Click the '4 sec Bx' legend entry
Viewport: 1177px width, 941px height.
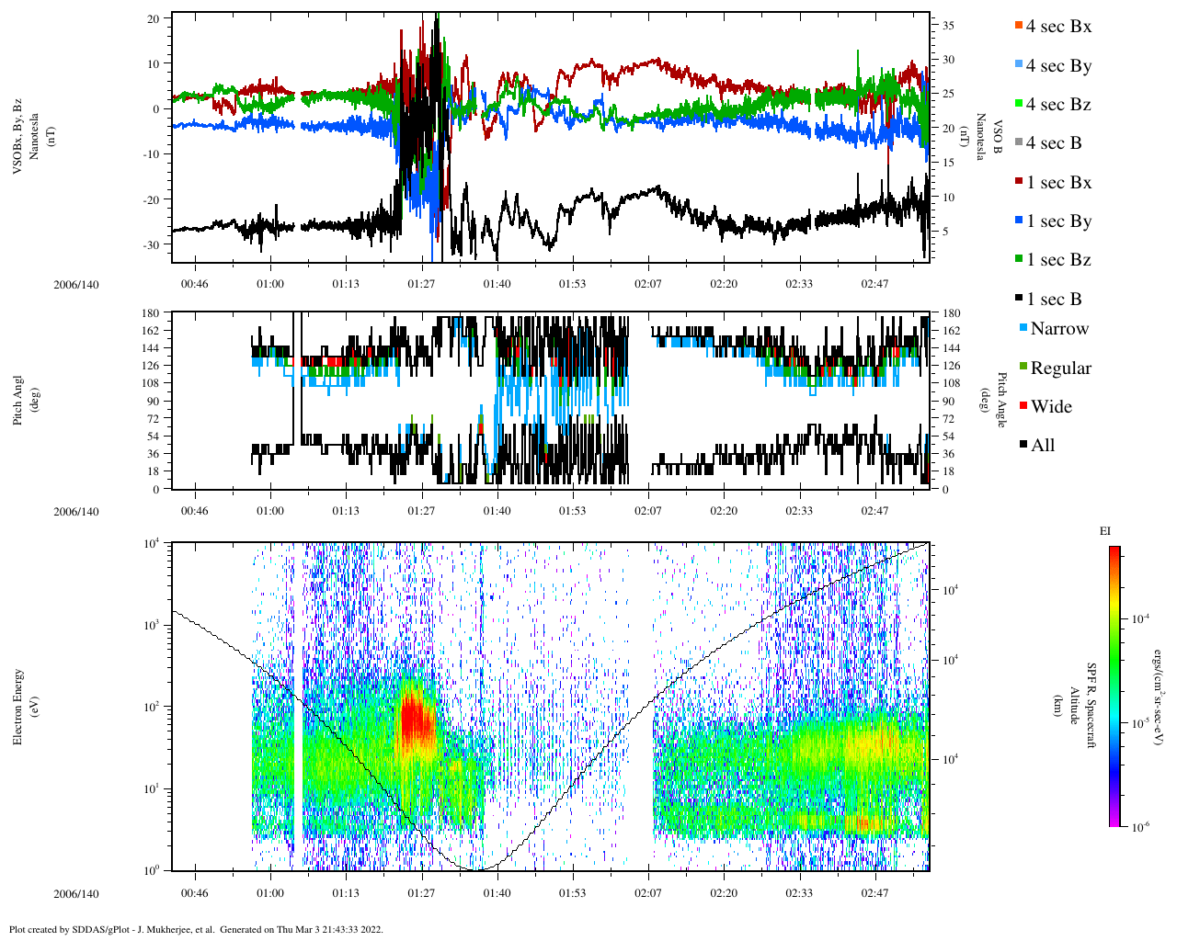[x=1057, y=27]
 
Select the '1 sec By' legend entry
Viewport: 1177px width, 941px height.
[x=1058, y=221]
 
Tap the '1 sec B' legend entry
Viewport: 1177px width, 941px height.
[x=1054, y=300]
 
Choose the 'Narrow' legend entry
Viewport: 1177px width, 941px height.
[x=1058, y=329]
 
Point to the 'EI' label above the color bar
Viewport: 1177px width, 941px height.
[x=1105, y=530]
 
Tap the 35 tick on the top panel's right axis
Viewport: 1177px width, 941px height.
[x=948, y=26]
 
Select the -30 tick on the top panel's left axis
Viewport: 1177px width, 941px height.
[x=153, y=244]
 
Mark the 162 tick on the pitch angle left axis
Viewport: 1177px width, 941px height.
[x=151, y=331]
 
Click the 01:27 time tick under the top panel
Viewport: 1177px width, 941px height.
[x=421, y=284]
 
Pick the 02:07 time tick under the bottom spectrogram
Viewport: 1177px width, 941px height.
[x=647, y=893]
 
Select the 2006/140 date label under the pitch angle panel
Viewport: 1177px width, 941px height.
[x=75, y=512]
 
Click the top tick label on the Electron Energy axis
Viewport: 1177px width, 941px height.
[x=153, y=543]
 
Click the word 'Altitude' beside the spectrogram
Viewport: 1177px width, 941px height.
[x=1073, y=706]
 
